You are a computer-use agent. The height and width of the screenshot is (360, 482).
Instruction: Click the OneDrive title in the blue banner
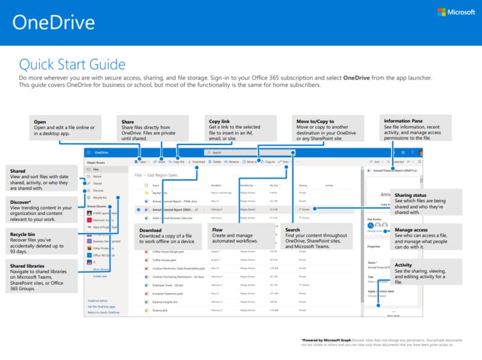(54, 23)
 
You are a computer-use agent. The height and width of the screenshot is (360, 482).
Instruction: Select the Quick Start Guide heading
(72, 64)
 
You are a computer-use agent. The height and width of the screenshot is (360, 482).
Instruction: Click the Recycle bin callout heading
(22, 234)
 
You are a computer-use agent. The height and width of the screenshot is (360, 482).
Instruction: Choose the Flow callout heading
(218, 230)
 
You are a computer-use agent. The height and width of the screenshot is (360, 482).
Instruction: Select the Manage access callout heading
(412, 230)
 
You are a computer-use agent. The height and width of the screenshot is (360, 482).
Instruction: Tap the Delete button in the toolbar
(216, 162)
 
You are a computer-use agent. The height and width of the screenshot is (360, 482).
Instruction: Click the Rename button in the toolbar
(233, 162)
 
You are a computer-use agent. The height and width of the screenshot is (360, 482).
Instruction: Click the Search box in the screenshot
(250, 153)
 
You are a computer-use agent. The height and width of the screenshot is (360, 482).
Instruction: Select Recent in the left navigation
(97, 176)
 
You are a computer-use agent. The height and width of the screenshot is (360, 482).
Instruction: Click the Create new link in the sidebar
(100, 276)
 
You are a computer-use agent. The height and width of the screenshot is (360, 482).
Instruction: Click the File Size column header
(274, 185)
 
